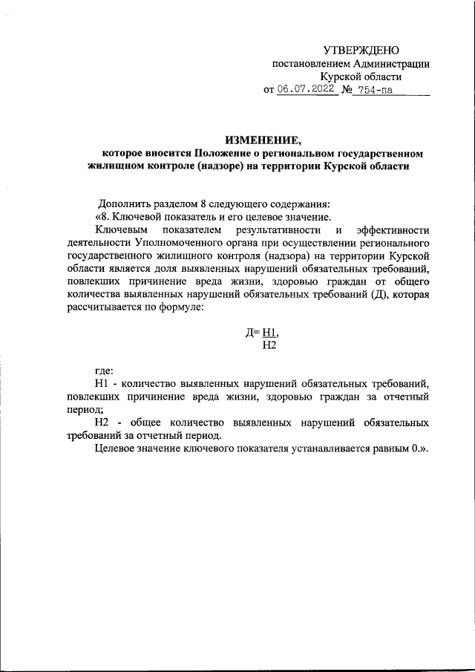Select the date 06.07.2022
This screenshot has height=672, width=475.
tap(306, 91)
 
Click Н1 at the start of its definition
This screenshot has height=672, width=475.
tap(102, 383)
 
